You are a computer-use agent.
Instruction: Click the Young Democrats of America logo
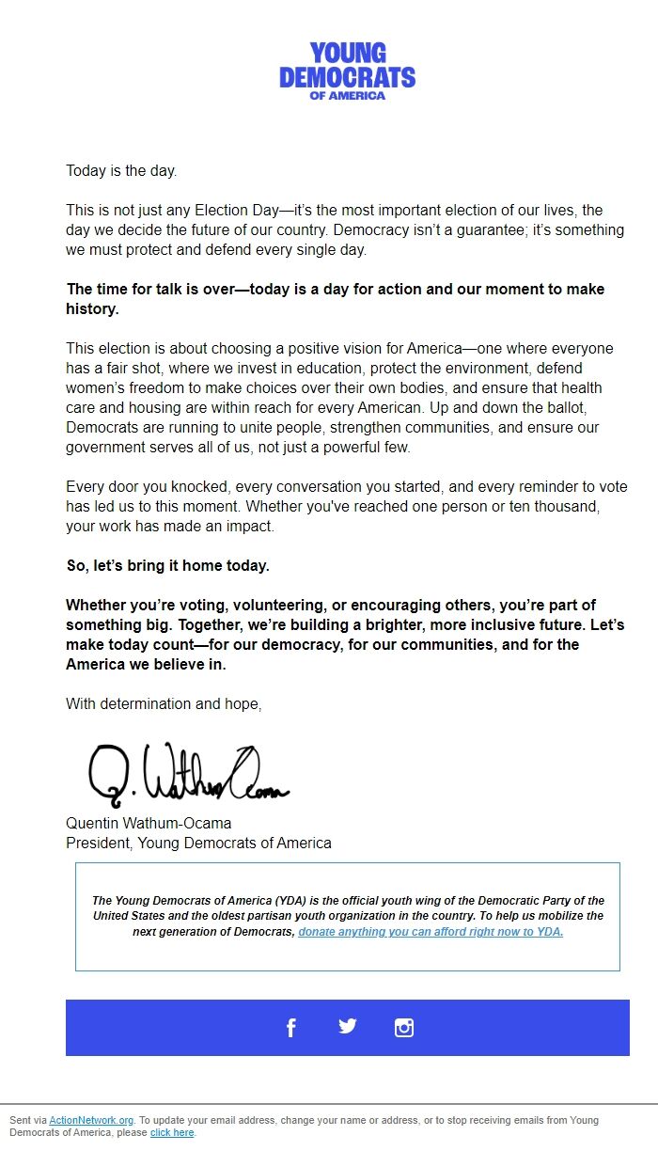tap(347, 71)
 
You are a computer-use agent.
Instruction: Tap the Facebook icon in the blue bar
tap(290, 1028)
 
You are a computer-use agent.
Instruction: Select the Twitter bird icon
tap(348, 1026)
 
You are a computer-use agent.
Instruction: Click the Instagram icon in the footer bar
tap(404, 1028)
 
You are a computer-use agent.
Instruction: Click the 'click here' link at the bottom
tap(172, 1132)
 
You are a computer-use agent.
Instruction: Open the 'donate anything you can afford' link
tap(431, 932)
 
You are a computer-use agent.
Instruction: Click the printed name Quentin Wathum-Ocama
tap(149, 823)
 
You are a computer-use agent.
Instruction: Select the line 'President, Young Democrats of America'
tap(198, 843)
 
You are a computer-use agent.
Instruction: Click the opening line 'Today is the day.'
tap(121, 170)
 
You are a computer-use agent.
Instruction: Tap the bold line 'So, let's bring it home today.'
tap(167, 565)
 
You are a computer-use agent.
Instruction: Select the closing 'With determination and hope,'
tap(164, 703)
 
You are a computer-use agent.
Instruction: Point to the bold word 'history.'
tap(92, 308)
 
